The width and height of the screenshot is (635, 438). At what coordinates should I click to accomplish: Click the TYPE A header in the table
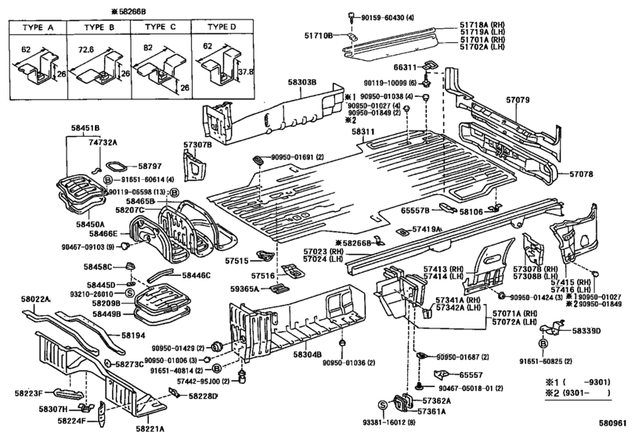click(36, 26)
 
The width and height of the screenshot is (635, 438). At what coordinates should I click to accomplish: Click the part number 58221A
click(150, 429)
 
